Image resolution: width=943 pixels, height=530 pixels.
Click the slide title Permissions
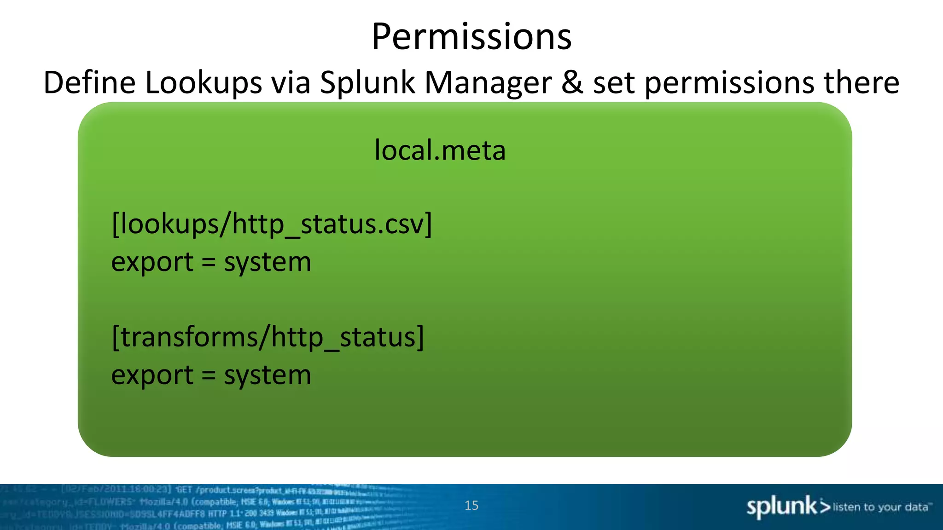471,37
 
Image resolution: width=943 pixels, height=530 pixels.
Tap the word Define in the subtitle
89,83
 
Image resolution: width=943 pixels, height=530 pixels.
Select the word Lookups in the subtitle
203,83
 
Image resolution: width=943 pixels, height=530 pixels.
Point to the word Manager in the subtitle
488,83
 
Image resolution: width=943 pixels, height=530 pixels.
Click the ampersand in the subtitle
572,83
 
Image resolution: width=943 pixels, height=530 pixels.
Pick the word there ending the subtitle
861,83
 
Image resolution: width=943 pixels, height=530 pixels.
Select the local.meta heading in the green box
440,150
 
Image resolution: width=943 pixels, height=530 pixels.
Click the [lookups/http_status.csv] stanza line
272,225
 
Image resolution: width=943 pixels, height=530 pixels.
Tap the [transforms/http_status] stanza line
268,337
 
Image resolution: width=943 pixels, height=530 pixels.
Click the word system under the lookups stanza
268,262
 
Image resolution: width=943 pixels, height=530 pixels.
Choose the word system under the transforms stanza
268,375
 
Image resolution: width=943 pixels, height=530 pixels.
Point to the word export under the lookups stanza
152,262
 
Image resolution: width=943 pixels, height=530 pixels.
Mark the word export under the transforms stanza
152,375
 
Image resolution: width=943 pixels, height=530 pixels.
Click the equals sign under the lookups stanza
209,262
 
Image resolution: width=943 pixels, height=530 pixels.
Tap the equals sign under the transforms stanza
209,375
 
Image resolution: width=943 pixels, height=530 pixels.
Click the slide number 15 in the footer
471,505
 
